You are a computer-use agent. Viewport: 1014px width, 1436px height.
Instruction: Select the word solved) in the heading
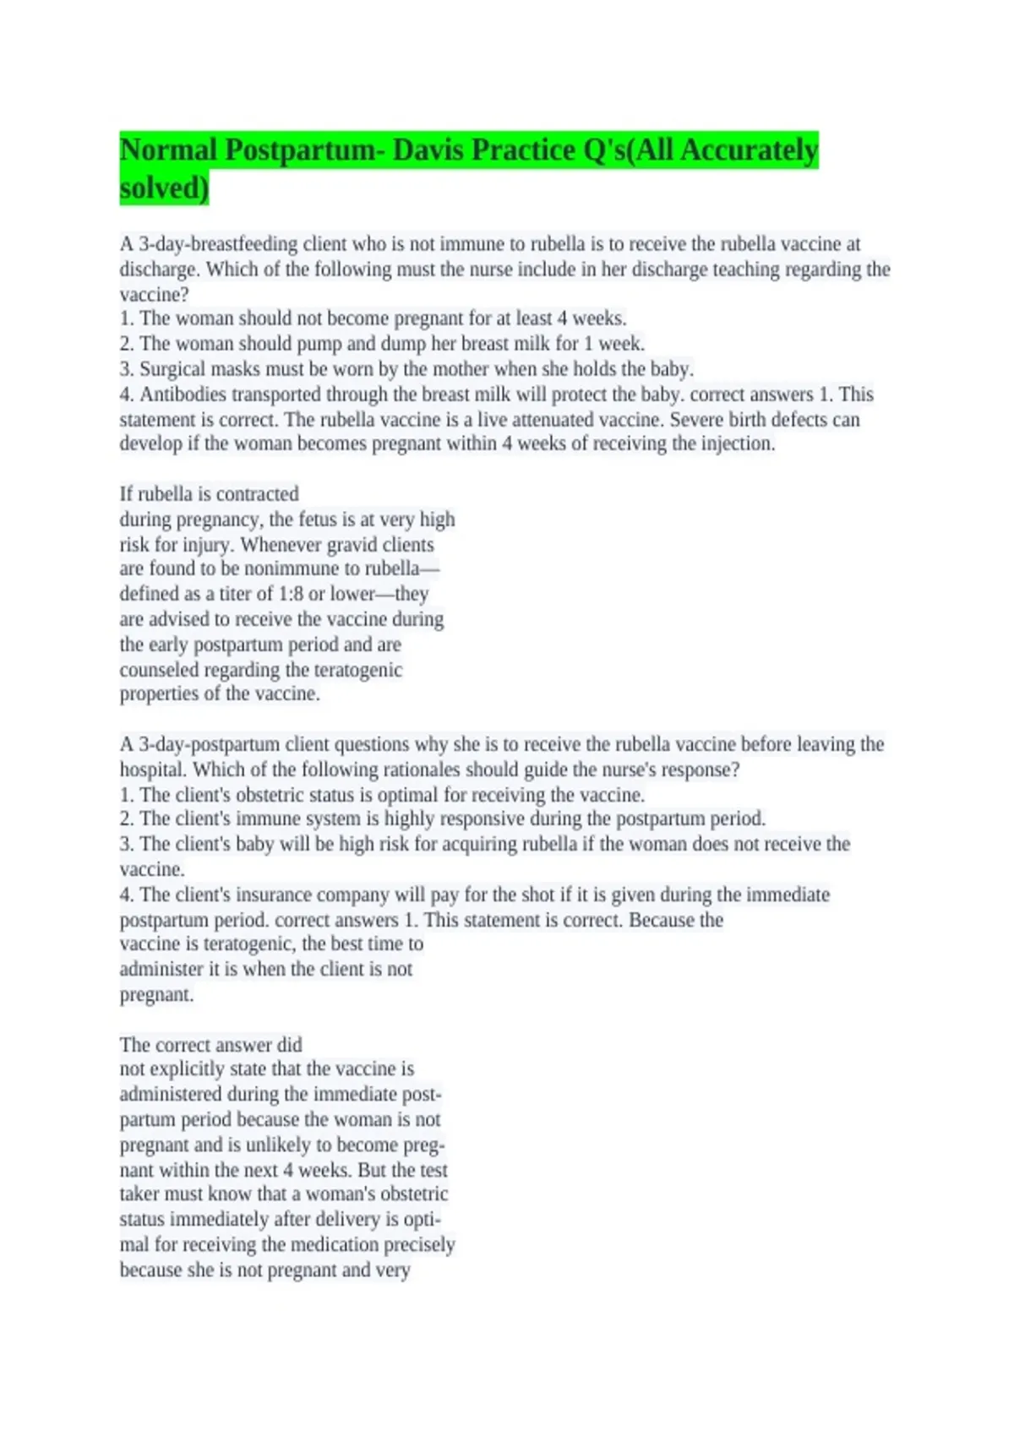pos(164,188)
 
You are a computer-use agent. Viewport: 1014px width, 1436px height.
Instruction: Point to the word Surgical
pos(174,369)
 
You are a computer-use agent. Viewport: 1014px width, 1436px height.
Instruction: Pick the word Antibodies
pos(183,394)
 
